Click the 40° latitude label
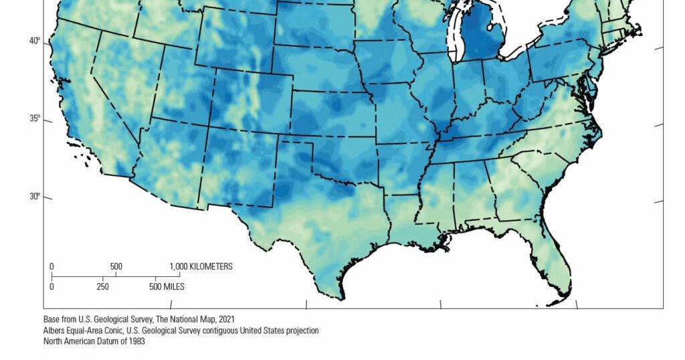click(x=35, y=41)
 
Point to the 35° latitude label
click(x=35, y=119)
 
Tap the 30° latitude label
click(x=35, y=197)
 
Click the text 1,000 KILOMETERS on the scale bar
click(x=201, y=266)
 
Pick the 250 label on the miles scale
click(x=102, y=286)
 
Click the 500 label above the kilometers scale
click(x=116, y=266)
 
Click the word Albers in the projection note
click(x=54, y=331)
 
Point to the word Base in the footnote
click(x=52, y=319)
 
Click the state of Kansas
click(x=331, y=114)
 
